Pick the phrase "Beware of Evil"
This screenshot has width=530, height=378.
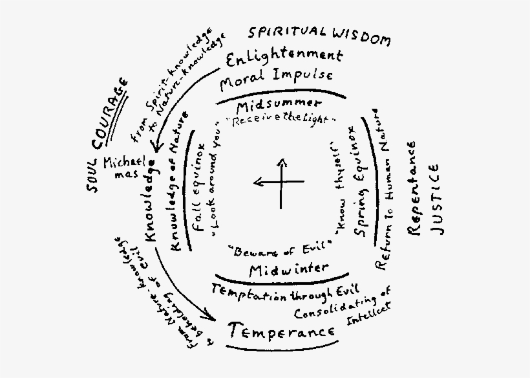click(280, 247)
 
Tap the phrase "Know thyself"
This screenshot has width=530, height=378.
click(337, 188)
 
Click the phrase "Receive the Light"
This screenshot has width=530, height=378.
click(284, 120)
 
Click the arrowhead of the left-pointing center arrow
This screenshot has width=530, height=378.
click(257, 183)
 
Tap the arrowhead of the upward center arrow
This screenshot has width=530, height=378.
click(281, 161)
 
